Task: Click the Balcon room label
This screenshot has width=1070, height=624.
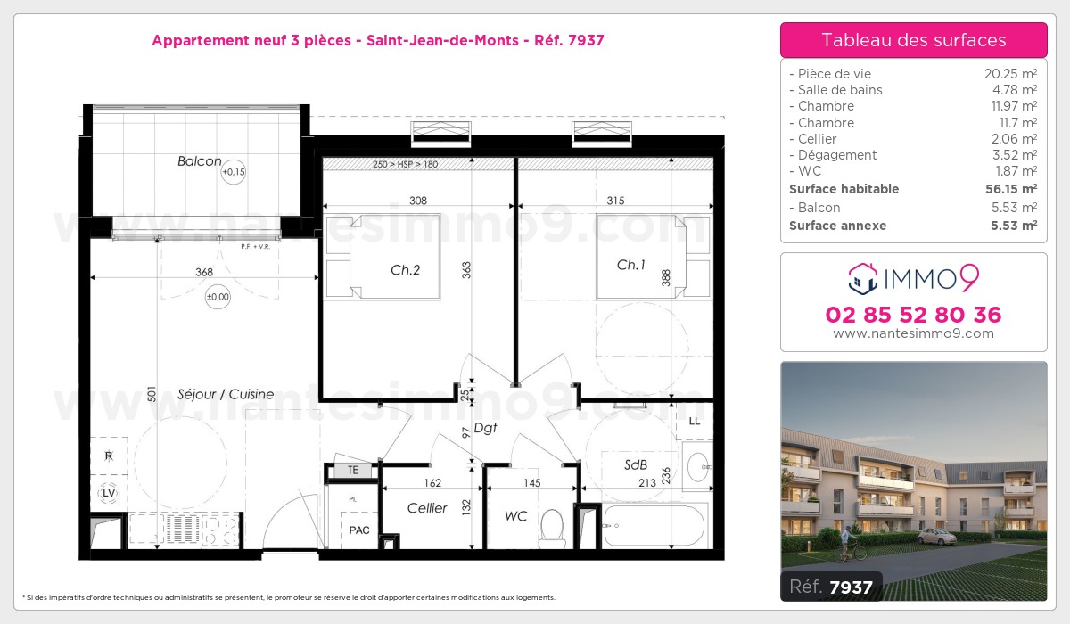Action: pos(199,161)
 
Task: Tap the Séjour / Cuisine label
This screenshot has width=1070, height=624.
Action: pos(226,394)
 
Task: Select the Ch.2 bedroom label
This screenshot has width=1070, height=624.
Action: pos(405,270)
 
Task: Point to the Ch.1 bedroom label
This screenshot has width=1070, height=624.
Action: pos(631,265)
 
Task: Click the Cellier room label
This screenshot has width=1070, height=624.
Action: pos(427,508)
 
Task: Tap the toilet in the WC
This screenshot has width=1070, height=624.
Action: pos(552,527)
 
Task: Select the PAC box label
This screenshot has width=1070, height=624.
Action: pos(358,530)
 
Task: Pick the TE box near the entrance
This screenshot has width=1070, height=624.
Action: pos(353,470)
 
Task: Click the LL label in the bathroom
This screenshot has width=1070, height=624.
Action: pos(695,421)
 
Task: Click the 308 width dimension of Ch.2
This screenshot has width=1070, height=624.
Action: pos(418,201)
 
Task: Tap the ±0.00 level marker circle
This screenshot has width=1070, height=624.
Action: pos(217,297)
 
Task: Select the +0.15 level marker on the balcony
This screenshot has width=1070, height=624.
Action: pos(233,171)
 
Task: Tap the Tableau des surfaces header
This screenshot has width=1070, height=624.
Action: pos(913,40)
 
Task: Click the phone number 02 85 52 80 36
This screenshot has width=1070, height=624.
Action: pos(913,315)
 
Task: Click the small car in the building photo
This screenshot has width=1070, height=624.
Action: pos(936,537)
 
